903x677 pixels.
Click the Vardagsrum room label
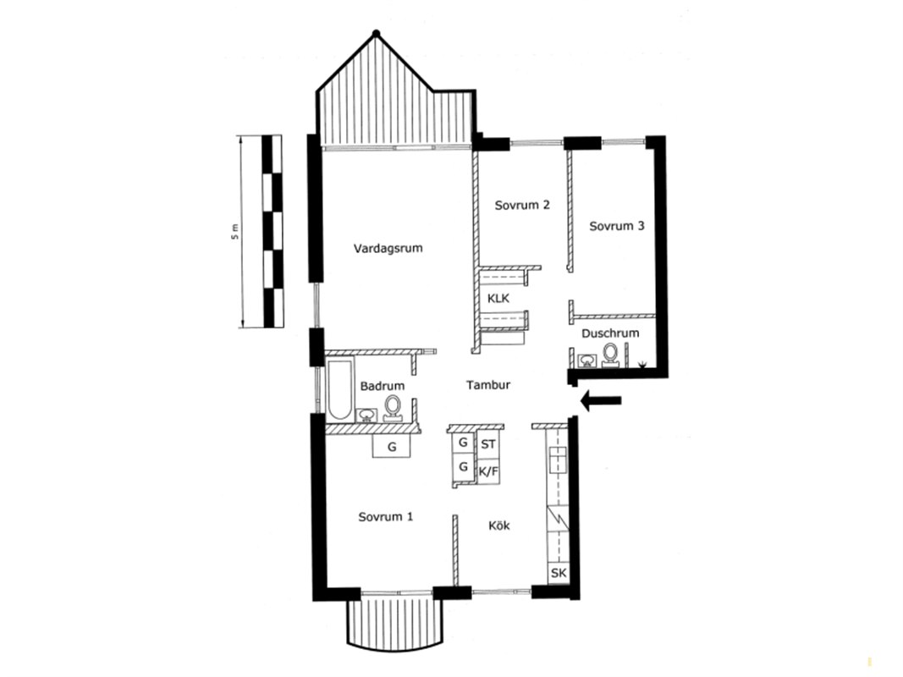click(x=388, y=249)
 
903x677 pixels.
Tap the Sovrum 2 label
click(x=522, y=205)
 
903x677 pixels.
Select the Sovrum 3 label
click(x=617, y=226)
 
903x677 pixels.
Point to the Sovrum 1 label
click(x=386, y=517)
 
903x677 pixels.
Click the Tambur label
click(x=488, y=385)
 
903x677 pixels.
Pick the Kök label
click(x=499, y=526)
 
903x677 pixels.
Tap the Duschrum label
click(x=610, y=333)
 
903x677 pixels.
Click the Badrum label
click(x=383, y=386)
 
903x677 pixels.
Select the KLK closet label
click(x=498, y=299)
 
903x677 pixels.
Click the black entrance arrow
click(x=601, y=400)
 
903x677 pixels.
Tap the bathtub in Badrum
click(x=340, y=389)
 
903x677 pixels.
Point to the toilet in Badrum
click(x=394, y=408)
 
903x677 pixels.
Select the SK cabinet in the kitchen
click(x=559, y=574)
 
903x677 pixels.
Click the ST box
click(x=488, y=443)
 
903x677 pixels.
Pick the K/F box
click(x=488, y=472)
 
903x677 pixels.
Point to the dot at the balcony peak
click(x=376, y=33)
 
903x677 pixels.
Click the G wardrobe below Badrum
click(x=392, y=446)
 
